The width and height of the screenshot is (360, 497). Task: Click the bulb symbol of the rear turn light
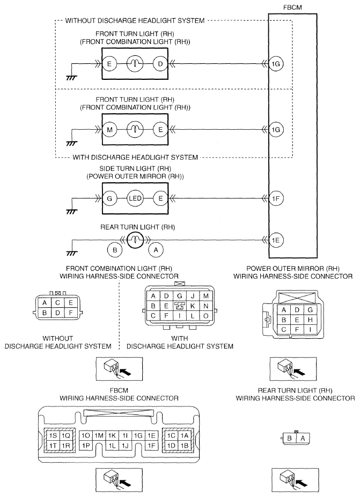click(x=134, y=240)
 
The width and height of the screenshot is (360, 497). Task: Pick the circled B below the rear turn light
click(x=114, y=249)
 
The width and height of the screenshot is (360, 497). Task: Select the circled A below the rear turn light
click(x=156, y=249)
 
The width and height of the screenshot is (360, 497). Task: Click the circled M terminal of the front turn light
click(x=109, y=130)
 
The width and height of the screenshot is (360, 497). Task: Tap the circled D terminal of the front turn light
click(x=160, y=64)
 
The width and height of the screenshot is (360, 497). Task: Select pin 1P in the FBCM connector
click(x=86, y=446)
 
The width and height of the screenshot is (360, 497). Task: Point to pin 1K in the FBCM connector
click(x=112, y=435)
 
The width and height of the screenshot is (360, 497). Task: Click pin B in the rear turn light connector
click(x=290, y=438)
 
